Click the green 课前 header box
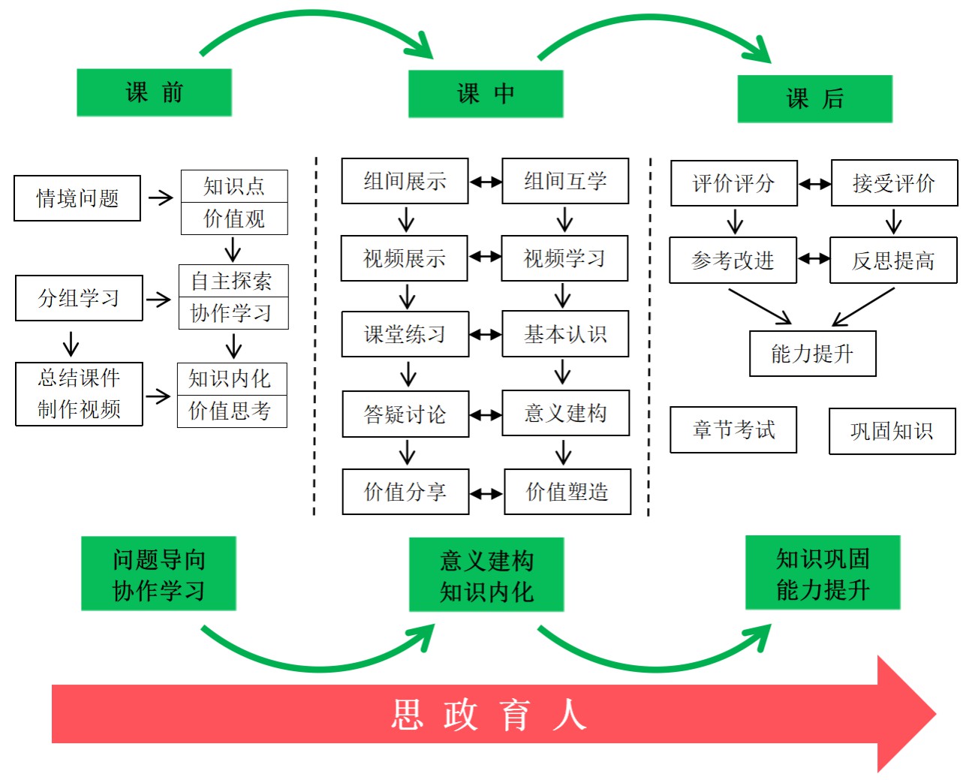(154, 92)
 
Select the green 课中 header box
(486, 94)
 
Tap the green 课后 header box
(815, 98)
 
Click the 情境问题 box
(77, 198)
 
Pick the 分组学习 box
(79, 298)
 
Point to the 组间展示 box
(405, 181)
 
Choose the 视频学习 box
(564, 258)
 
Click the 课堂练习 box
(405, 334)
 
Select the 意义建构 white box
(565, 413)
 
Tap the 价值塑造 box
(567, 492)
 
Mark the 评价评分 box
(733, 183)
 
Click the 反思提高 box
(893, 261)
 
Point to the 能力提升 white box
(812, 354)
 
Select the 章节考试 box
(733, 430)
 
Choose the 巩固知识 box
(892, 432)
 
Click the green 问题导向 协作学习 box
(158, 574)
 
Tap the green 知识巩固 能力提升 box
(823, 573)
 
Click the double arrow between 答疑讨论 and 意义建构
(486, 414)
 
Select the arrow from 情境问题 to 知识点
(161, 198)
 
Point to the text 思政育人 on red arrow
(489, 714)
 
